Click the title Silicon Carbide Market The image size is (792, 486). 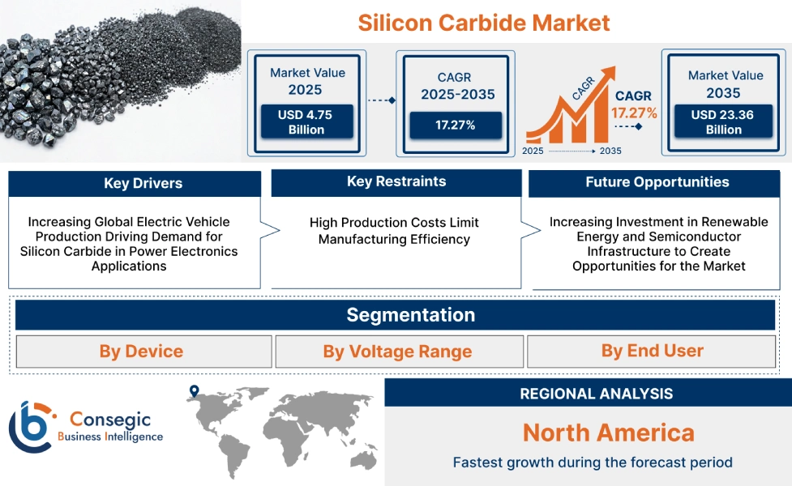[484, 22]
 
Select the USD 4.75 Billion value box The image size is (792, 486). [306, 122]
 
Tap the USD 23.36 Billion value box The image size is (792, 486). [722, 122]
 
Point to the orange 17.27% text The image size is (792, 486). [634, 113]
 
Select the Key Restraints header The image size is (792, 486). [396, 181]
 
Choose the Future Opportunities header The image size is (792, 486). [657, 182]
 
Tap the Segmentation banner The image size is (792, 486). [410, 314]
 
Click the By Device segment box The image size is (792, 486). [142, 352]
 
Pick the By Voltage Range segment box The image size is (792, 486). [397, 352]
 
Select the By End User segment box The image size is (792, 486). [652, 351]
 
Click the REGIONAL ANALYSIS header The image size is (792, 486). [596, 394]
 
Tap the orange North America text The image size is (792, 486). [608, 432]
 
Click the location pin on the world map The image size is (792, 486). [194, 392]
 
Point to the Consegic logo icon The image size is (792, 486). [31, 426]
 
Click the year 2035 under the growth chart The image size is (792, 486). [610, 151]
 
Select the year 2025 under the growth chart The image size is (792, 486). [533, 151]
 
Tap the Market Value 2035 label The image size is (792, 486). [725, 83]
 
